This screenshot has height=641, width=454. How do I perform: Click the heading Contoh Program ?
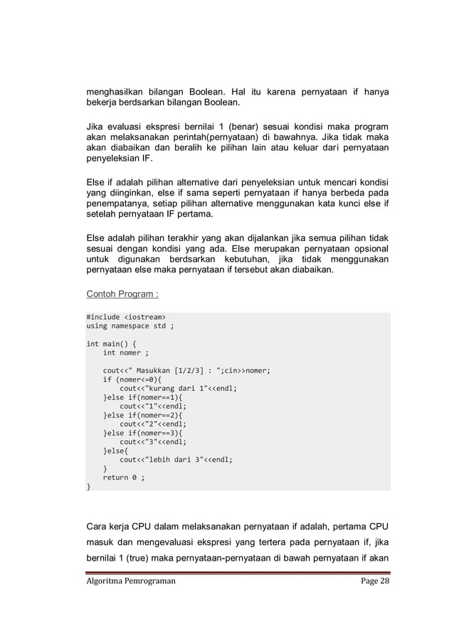point(122,293)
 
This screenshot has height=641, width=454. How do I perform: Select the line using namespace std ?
point(130,326)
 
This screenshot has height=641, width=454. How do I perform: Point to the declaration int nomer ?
point(126,352)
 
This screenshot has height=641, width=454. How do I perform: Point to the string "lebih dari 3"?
point(165,460)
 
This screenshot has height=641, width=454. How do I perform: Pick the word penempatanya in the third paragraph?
point(115,204)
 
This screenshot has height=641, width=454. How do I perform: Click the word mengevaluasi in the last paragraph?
point(154,544)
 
